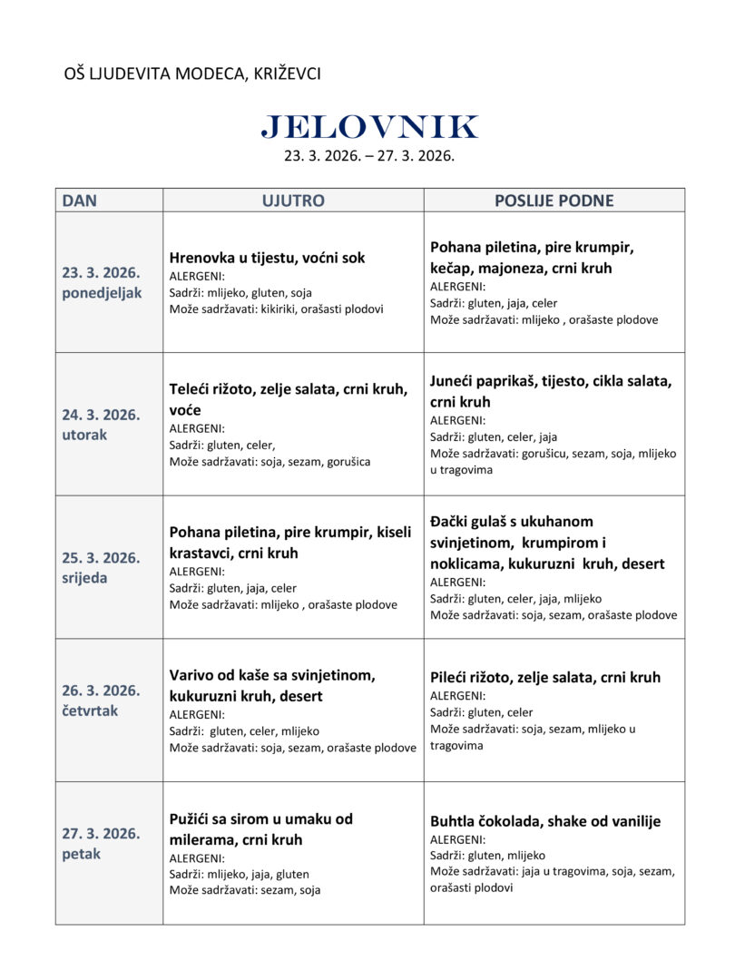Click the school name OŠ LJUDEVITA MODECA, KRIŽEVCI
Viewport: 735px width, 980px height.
(192, 73)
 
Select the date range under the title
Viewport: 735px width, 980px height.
(368, 156)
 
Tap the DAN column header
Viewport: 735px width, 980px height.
(80, 201)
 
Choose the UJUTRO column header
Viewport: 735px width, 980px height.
(293, 201)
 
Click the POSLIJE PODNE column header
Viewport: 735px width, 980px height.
(554, 201)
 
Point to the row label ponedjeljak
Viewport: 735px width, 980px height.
(102, 293)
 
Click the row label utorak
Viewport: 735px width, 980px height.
(84, 435)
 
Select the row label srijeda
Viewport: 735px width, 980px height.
(84, 578)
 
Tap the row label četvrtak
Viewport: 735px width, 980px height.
(90, 710)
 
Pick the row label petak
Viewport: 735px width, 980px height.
(82, 854)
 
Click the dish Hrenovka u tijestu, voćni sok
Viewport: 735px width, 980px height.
(267, 258)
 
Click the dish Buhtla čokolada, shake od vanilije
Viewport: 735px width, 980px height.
(545, 821)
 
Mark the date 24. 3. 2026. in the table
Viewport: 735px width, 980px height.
(101, 415)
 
